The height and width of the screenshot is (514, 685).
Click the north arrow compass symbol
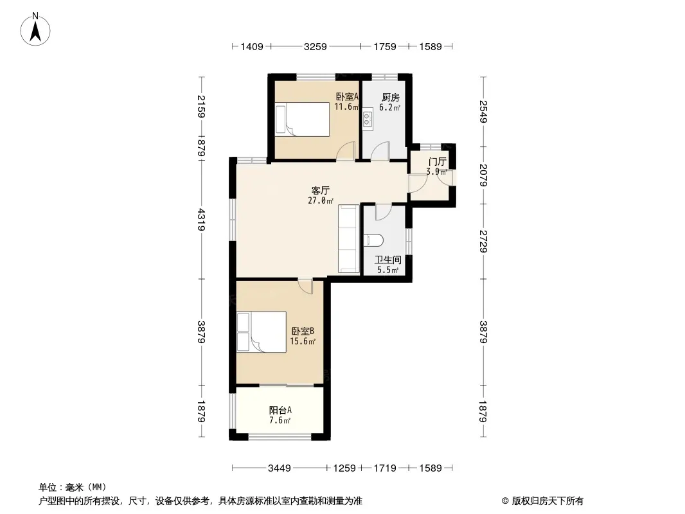point(35,30)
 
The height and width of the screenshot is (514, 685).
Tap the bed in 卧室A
point(302,120)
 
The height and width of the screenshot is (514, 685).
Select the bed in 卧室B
point(262,332)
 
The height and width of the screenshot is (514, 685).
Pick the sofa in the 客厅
point(349,239)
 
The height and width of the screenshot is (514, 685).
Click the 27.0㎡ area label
point(321,201)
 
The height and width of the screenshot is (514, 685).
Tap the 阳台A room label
point(280,410)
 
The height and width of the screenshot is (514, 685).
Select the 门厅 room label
point(438,162)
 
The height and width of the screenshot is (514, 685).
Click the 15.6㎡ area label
point(303,342)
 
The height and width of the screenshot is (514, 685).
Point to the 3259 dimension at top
point(316,46)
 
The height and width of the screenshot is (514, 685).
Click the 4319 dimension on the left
point(201,220)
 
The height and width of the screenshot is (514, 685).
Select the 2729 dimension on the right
point(483,242)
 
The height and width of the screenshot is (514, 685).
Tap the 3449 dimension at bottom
point(279,468)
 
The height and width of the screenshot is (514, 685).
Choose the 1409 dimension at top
point(252,46)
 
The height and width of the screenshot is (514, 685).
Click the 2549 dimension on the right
point(483,112)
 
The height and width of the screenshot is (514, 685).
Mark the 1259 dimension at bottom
point(344,468)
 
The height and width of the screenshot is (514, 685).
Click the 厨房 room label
point(390,98)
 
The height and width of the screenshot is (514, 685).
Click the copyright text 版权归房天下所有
point(547,501)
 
